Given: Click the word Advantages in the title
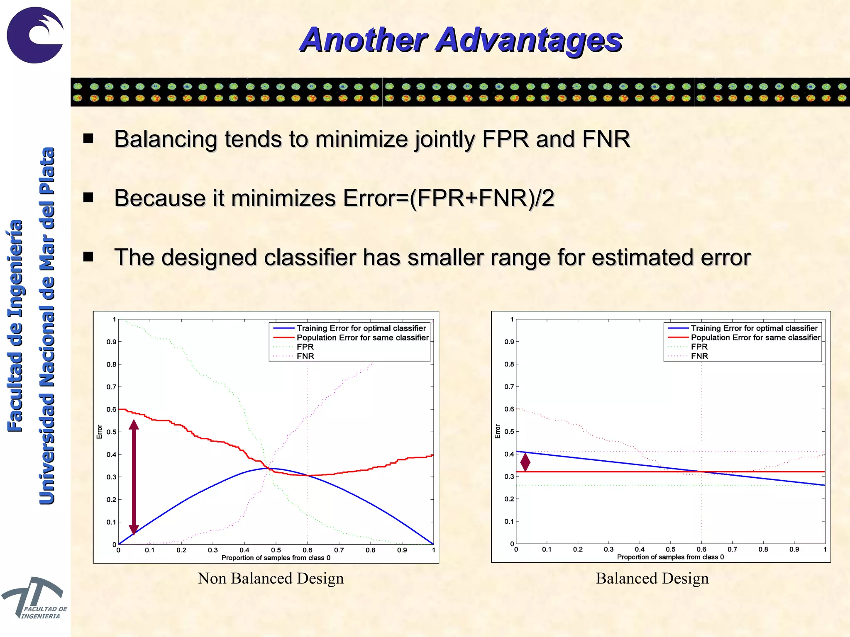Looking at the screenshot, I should (529, 40).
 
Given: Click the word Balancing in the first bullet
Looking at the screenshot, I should (166, 139).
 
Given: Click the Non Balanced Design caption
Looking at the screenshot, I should (271, 578).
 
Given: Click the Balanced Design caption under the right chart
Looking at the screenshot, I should (652, 578).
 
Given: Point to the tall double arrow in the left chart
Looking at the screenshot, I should (134, 477).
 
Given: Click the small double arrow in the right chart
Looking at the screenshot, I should (525, 462).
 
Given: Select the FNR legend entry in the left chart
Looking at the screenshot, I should (305, 356).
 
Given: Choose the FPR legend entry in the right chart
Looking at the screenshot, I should (699, 347).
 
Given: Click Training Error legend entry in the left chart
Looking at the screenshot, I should (361, 328).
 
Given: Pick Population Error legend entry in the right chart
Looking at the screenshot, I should (755, 338).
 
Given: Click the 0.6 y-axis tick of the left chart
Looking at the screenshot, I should (111, 409).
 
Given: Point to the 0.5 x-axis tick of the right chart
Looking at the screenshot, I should (671, 549).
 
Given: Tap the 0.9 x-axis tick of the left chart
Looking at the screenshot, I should (402, 550).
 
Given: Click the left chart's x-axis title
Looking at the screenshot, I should (276, 558).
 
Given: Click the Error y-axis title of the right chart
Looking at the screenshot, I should (498, 431).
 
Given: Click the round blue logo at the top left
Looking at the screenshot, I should (35, 35).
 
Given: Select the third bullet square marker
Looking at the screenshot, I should (88, 257).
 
